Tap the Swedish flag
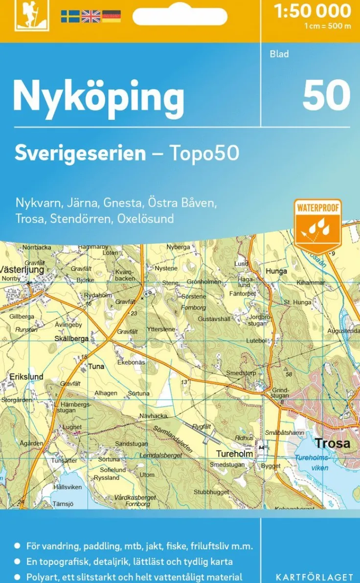click(70, 16)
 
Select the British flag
click(90, 16)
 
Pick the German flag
click(111, 16)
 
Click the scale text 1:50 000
click(313, 11)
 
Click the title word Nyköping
click(98, 97)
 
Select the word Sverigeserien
click(80, 153)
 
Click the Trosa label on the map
click(333, 444)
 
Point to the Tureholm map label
click(235, 454)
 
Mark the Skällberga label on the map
click(71, 338)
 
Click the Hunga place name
click(276, 271)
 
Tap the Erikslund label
click(26, 377)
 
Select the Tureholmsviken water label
click(312, 463)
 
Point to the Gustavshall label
click(214, 319)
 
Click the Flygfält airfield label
click(201, 426)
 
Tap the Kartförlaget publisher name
click(314, 577)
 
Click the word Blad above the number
click(279, 54)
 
